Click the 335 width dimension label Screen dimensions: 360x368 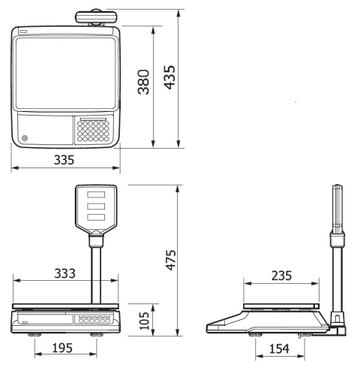point(64,160)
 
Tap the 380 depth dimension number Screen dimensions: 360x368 point(144,82)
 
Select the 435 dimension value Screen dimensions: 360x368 point(169,77)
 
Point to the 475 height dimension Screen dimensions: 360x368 point(171,260)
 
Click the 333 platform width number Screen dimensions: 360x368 point(64,273)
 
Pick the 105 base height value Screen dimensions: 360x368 point(144,321)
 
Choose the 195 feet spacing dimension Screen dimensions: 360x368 point(62,348)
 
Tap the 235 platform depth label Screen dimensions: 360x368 point(281,276)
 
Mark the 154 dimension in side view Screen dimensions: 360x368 point(279,348)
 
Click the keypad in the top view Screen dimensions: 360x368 point(93,131)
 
